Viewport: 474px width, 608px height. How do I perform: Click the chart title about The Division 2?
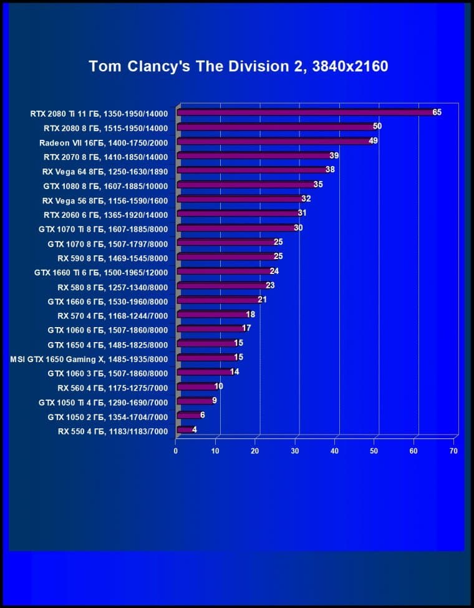tap(238, 66)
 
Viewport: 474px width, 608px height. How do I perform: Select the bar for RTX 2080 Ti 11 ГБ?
tap(306, 112)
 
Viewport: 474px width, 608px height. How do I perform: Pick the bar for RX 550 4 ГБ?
tap(185, 429)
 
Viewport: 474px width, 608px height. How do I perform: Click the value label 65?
tap(437, 112)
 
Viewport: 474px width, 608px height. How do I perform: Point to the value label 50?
tap(377, 126)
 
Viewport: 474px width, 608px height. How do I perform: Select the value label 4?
tap(195, 429)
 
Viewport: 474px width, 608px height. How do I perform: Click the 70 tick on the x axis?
tap(454, 451)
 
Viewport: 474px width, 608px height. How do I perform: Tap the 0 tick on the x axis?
tap(177, 451)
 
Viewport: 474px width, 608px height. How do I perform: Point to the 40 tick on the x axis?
tap(335, 451)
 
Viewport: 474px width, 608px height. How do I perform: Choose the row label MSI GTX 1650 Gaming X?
tap(89, 358)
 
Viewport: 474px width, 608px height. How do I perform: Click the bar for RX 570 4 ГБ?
tap(212, 315)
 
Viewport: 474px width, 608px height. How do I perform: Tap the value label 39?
tap(334, 155)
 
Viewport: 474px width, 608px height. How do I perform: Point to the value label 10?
tap(218, 386)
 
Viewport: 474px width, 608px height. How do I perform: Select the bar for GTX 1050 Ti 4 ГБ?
tap(195, 401)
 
